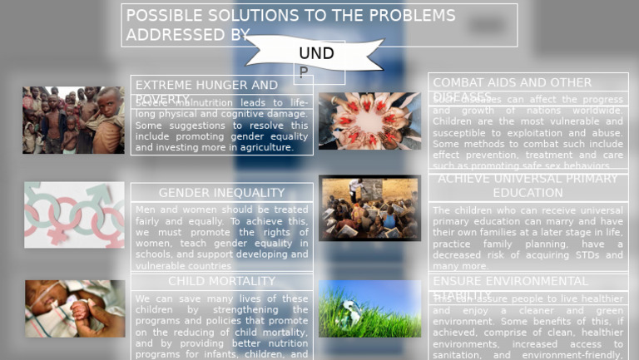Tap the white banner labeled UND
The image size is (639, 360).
pos(315,53)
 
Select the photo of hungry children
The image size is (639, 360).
pos(73,121)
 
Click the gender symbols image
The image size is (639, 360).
pos(74,215)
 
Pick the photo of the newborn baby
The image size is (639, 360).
pos(75,308)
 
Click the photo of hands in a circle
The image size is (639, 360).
pos(369,121)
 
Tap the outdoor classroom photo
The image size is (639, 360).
pos(369,208)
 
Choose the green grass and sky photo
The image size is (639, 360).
pos(369,308)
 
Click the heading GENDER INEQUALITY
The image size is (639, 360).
pos(221,193)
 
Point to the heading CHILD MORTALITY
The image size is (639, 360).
pos(221,282)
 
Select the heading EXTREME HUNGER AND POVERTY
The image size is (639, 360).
pos(206,86)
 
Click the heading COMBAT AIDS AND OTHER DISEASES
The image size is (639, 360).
pos(512,83)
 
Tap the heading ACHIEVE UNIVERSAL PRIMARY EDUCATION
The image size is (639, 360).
pos(528,185)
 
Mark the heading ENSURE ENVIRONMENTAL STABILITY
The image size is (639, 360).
pos(510,282)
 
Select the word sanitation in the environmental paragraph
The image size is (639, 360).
pos(457,355)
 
